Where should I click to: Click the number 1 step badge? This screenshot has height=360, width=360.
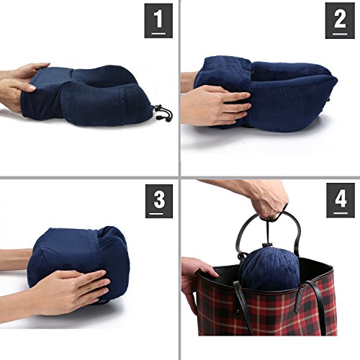pyautogui.click(x=158, y=21)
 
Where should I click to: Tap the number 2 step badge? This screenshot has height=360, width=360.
pyautogui.click(x=340, y=21)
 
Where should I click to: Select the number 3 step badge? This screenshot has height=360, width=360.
pyautogui.click(x=159, y=201)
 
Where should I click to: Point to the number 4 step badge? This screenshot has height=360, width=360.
pyautogui.click(x=341, y=200)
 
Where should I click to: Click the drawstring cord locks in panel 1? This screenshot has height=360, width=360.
pyautogui.click(x=163, y=112)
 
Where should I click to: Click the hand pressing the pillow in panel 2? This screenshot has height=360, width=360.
pyautogui.click(x=215, y=104)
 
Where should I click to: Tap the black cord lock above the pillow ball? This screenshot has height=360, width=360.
pyautogui.click(x=265, y=246)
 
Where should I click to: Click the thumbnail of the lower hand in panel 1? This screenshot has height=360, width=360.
pyautogui.click(x=32, y=88)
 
